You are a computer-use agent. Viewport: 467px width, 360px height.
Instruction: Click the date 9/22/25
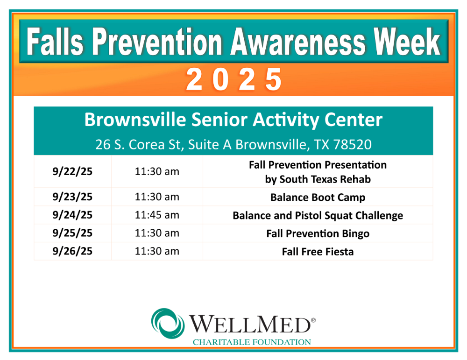[x=72, y=171]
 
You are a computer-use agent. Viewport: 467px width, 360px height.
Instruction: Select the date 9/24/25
[x=72, y=215]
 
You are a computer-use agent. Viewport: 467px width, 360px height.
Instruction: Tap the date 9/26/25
[x=72, y=251]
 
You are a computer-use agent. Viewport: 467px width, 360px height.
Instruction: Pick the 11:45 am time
[x=157, y=215]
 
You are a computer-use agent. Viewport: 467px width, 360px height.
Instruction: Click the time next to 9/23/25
[x=157, y=197]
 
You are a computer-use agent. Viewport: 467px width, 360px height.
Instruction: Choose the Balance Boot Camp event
[x=318, y=198]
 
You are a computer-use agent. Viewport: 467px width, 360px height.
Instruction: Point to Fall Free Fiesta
[x=318, y=252]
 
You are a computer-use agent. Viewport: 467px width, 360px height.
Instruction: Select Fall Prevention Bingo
[x=318, y=234]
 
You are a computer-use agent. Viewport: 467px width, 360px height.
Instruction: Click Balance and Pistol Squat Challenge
[x=318, y=216]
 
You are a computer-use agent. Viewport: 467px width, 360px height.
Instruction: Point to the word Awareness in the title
[x=298, y=42]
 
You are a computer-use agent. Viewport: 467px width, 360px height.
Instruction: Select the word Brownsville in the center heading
[x=135, y=120]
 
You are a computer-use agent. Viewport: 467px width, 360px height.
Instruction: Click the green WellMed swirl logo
[x=168, y=324]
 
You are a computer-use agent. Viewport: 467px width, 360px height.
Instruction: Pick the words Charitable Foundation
[x=252, y=342]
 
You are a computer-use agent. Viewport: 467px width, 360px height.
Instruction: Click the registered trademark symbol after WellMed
[x=313, y=320]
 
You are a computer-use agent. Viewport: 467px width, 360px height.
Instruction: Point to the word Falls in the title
[x=55, y=42]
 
